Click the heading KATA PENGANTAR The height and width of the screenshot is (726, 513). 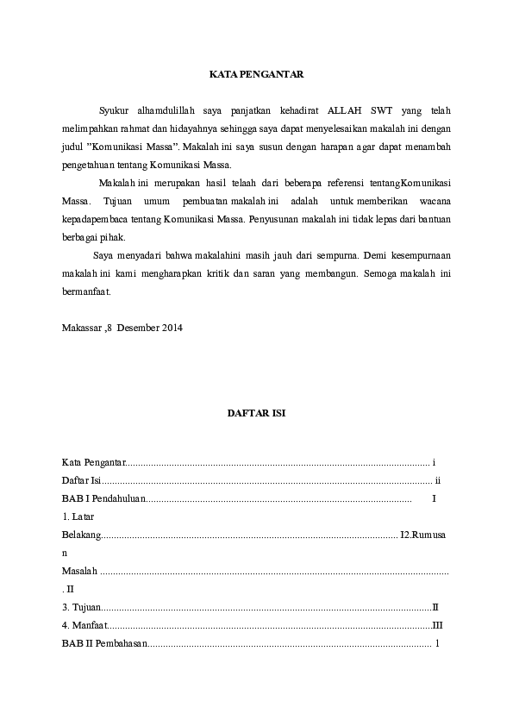point(256,75)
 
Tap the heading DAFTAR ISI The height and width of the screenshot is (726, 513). point(256,413)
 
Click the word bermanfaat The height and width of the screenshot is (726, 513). point(86,291)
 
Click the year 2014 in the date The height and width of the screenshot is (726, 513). point(172,329)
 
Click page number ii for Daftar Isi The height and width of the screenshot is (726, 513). point(438,480)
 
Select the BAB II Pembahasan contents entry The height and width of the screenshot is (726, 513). point(104,643)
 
